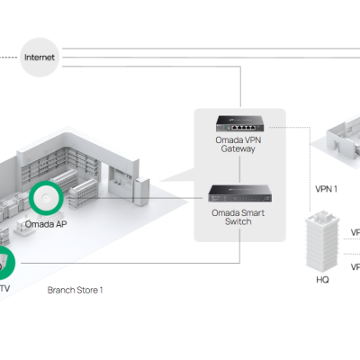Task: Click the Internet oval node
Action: (x=40, y=57)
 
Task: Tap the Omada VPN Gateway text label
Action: (x=240, y=144)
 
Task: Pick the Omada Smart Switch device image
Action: (x=240, y=193)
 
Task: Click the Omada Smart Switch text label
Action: (x=240, y=216)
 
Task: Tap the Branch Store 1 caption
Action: (x=76, y=290)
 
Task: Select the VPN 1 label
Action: (x=326, y=190)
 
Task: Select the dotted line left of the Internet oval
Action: (x=9, y=57)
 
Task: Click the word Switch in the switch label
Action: (x=240, y=221)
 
